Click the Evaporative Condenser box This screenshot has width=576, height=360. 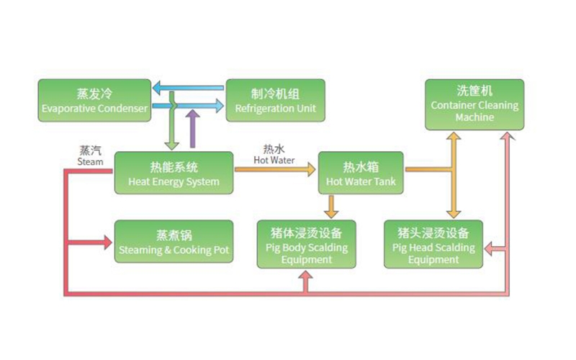tap(95, 101)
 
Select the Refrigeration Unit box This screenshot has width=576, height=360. tap(276, 101)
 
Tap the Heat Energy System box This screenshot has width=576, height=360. tap(174, 173)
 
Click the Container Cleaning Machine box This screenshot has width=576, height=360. tap(474, 105)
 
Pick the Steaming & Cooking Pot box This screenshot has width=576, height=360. tap(174, 242)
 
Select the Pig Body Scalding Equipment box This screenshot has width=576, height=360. tap(305, 245)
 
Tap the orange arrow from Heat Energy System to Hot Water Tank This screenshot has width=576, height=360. tap(275, 170)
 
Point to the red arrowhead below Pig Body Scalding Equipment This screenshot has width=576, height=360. tap(305, 276)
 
